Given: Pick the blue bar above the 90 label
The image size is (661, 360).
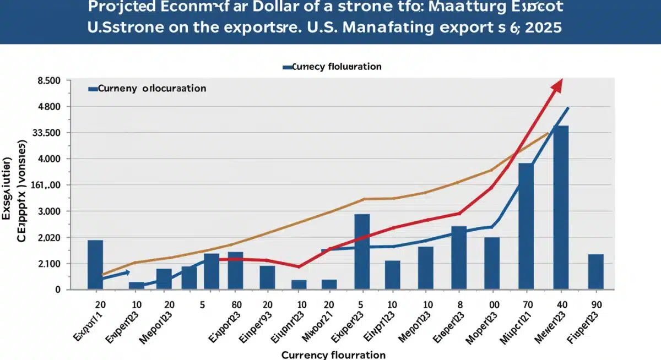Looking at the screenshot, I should point(596,271).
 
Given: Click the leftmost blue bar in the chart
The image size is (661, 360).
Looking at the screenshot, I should point(95,264).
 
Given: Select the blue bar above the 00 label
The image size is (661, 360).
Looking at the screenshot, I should point(492,263).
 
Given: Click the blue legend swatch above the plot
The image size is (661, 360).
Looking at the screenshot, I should point(286,67).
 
